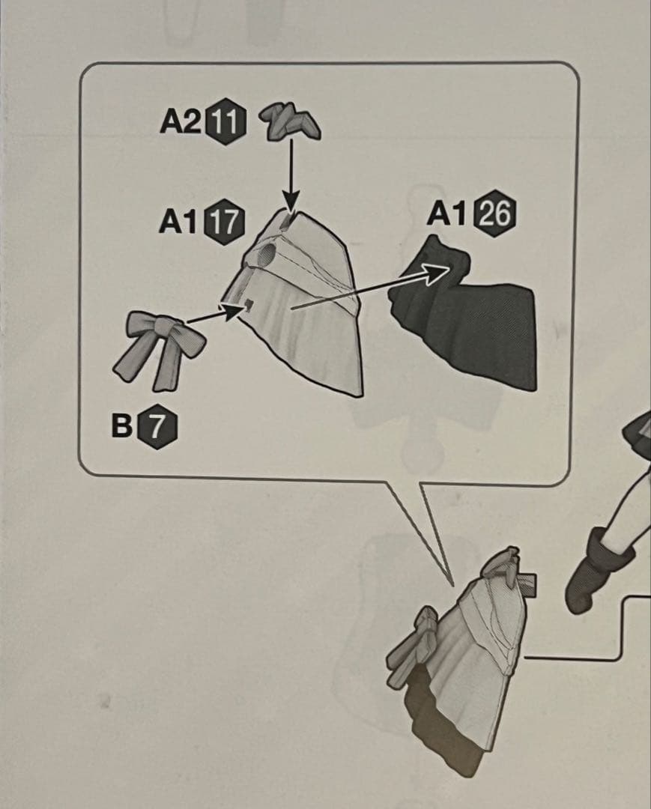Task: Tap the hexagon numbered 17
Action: pyautogui.click(x=224, y=222)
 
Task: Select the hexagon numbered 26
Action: pyautogui.click(x=496, y=213)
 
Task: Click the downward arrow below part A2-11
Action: pyautogui.click(x=291, y=175)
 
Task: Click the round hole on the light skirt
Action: pyautogui.click(x=267, y=253)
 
